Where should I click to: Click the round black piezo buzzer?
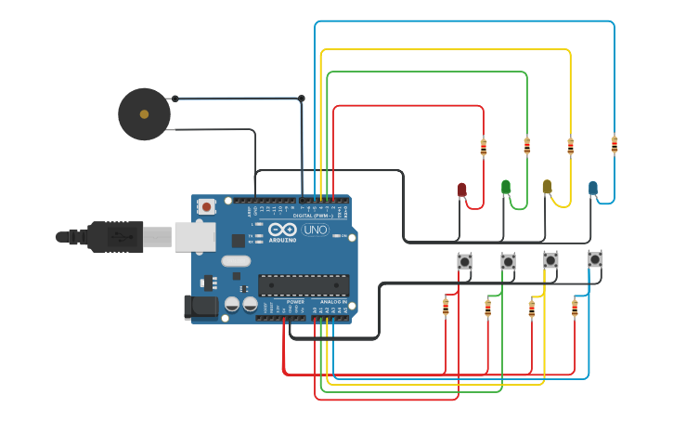pos(144,114)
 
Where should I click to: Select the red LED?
pos(461,190)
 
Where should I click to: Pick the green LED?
pos(505,187)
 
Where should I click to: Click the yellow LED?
pos(547,187)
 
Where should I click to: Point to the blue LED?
pos(592,188)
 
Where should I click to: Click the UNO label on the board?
pos(316,230)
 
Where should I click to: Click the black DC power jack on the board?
pos(201,307)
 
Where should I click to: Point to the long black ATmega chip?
pos(304,285)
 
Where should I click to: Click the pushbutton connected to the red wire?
pos(464,262)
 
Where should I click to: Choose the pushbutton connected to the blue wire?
pos(595,259)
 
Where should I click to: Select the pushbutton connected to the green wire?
pos(508,262)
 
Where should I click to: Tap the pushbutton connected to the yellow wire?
pos(550,260)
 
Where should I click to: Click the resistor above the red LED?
pos(483,146)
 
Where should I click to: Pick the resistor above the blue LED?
pos(614,144)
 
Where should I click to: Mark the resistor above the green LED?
pos(526,146)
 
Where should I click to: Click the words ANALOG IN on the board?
pos(333,302)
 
